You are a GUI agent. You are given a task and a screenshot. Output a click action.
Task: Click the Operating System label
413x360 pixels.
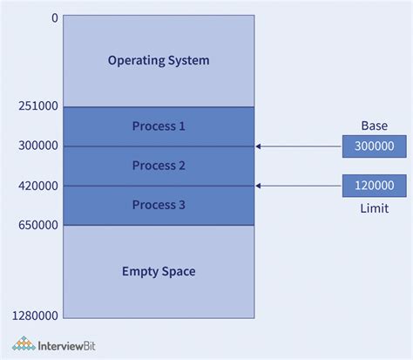click(159, 60)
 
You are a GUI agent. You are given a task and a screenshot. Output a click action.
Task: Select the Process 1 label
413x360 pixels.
click(159, 126)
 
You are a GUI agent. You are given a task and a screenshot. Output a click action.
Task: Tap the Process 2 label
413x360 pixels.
click(159, 166)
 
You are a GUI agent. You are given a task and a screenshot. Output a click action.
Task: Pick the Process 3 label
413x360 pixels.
click(159, 205)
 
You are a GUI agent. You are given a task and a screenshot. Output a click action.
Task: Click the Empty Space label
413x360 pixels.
click(159, 271)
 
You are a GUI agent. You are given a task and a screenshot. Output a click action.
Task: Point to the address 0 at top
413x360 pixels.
click(55, 17)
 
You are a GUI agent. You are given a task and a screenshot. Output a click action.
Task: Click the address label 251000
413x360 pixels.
click(38, 106)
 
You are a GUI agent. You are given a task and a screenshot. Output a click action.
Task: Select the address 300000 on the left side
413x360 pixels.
click(38, 146)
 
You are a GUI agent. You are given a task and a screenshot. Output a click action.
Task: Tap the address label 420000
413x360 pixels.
click(38, 186)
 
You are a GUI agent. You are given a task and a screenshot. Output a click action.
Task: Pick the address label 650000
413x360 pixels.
click(38, 225)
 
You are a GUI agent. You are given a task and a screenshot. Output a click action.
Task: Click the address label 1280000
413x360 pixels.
click(35, 315)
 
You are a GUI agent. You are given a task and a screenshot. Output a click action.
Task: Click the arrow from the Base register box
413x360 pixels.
click(296, 146)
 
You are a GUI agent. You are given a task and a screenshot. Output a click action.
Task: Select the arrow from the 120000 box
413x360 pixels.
click(296, 186)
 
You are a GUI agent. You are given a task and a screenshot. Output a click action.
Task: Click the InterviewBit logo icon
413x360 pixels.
click(23, 343)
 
